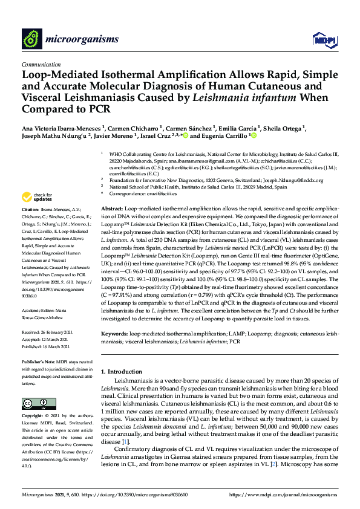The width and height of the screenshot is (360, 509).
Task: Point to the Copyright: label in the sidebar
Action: tap(33, 417)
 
